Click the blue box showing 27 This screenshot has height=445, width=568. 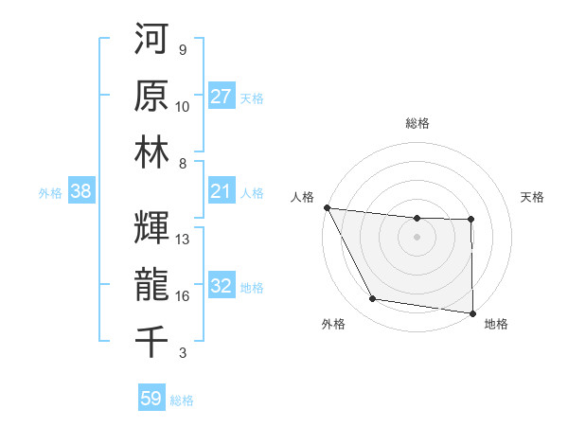221,97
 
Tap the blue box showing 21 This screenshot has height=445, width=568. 221,192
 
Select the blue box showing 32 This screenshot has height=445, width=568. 221,287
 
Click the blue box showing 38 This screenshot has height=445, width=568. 80,192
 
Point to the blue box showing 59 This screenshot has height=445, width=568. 151,399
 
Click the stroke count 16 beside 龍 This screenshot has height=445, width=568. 183,296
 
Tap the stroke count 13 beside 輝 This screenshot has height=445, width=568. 183,240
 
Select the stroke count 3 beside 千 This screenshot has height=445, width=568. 182,353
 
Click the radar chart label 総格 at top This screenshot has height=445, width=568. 417,123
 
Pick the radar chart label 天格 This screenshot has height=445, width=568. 533,197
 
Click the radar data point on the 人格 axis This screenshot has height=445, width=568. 327,207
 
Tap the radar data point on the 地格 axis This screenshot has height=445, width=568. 472,313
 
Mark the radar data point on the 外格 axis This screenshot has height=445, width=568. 373,299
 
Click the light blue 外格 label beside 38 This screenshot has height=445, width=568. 50,193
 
